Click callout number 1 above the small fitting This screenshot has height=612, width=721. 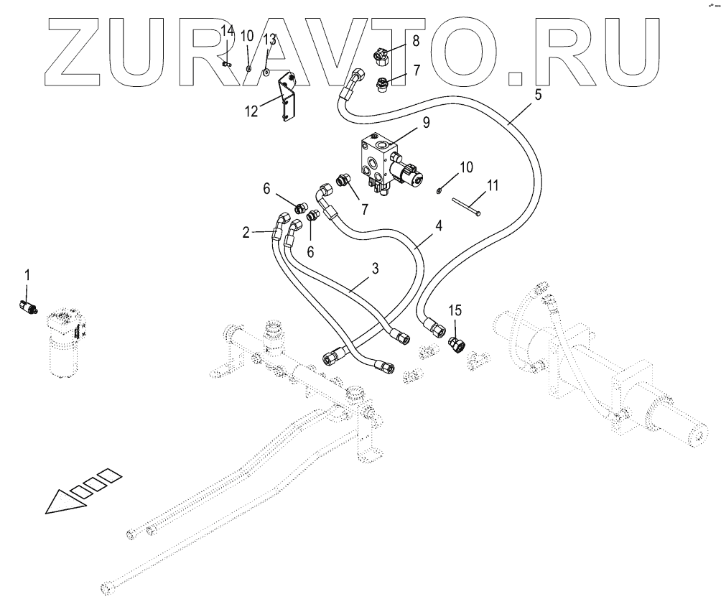(28, 274)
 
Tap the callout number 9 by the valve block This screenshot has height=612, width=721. (427, 123)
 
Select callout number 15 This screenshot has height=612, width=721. (455, 310)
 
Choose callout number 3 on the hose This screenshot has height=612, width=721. (375, 269)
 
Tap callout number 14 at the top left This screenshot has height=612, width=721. (227, 31)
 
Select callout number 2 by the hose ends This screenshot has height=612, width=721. (246, 232)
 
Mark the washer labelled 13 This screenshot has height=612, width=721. (266, 71)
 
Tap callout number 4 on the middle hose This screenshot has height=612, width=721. (437, 224)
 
